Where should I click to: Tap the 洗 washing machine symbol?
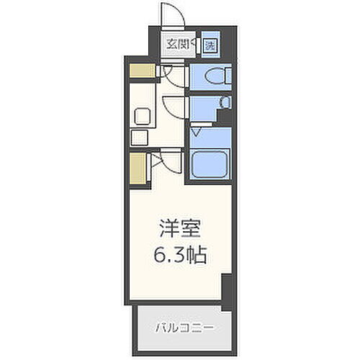click(210, 45)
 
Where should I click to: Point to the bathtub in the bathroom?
click(210, 162)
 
